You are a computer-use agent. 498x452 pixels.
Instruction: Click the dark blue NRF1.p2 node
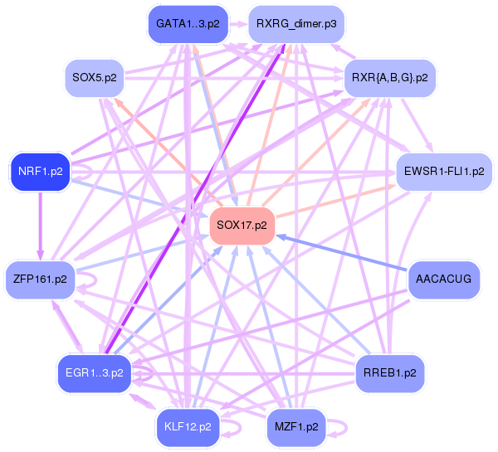tap(40, 172)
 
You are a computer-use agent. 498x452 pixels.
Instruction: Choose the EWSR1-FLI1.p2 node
tap(444, 172)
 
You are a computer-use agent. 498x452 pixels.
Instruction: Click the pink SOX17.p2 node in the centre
tap(242, 225)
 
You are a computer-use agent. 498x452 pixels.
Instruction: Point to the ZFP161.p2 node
tap(40, 278)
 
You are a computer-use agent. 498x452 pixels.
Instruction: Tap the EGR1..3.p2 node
tap(93, 372)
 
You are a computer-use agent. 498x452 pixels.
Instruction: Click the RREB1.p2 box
tap(390, 372)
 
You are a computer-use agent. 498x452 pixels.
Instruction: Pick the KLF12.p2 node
tap(188, 427)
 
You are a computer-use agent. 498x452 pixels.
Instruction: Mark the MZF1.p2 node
tap(296, 427)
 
